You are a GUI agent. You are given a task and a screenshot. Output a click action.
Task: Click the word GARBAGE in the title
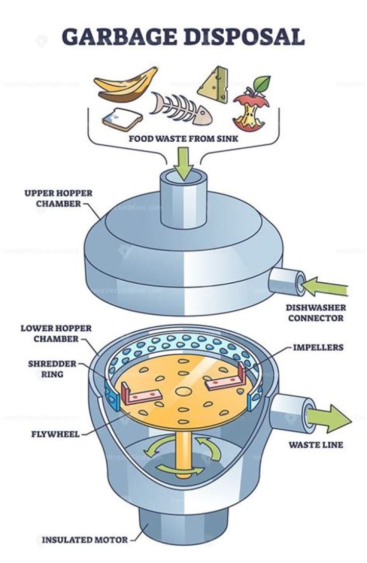coord(120,37)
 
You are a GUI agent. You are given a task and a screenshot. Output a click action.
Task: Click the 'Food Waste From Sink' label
coord(183,138)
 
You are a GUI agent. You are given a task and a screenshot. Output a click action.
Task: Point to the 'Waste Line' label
coord(316,445)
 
